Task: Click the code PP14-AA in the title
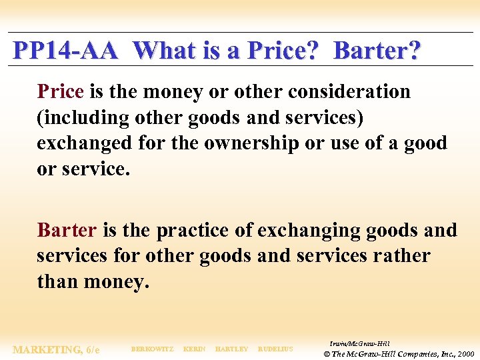point(66,51)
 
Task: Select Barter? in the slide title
point(377,51)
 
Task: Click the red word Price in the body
point(61,91)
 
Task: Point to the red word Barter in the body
point(67,230)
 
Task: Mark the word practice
point(194,230)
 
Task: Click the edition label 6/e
point(92,349)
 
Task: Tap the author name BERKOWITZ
point(153,349)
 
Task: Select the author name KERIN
point(194,349)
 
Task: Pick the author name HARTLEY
point(231,349)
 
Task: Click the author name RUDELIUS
point(275,349)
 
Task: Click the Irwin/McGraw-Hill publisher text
point(360,343)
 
